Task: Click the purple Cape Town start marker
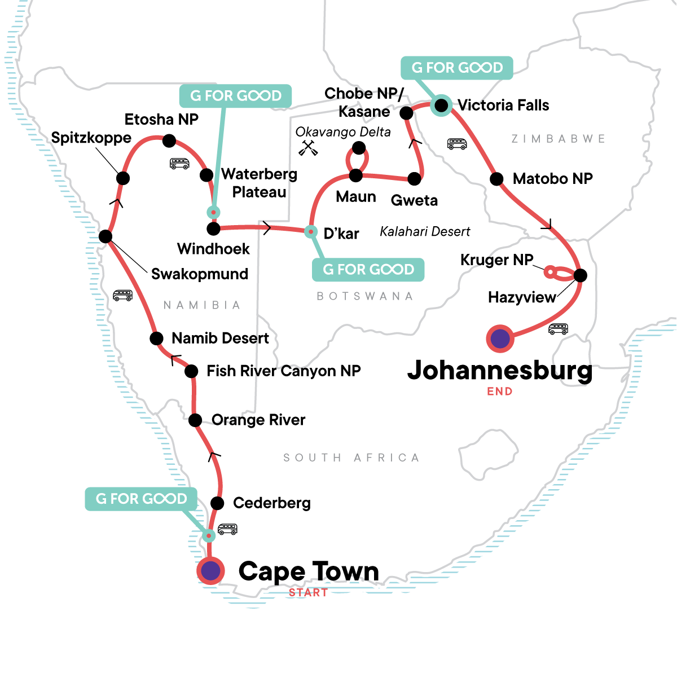click(210, 571)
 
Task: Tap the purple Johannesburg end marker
click(500, 339)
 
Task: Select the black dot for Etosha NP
click(169, 140)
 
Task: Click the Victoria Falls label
click(503, 105)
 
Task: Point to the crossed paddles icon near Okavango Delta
click(308, 148)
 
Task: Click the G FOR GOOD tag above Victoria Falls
click(456, 68)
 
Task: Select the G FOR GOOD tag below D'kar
click(368, 270)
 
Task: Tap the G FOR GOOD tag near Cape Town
click(141, 499)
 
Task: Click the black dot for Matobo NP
click(496, 179)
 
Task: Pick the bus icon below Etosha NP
click(179, 164)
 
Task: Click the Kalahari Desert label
click(425, 232)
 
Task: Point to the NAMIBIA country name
click(202, 305)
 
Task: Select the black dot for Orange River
click(195, 420)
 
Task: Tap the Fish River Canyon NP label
click(284, 371)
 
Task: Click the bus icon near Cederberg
click(227, 529)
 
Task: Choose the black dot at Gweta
click(414, 179)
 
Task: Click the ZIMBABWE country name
click(558, 139)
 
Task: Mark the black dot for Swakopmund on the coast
click(105, 236)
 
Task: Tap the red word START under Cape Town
click(308, 593)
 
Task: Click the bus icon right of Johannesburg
click(558, 329)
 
